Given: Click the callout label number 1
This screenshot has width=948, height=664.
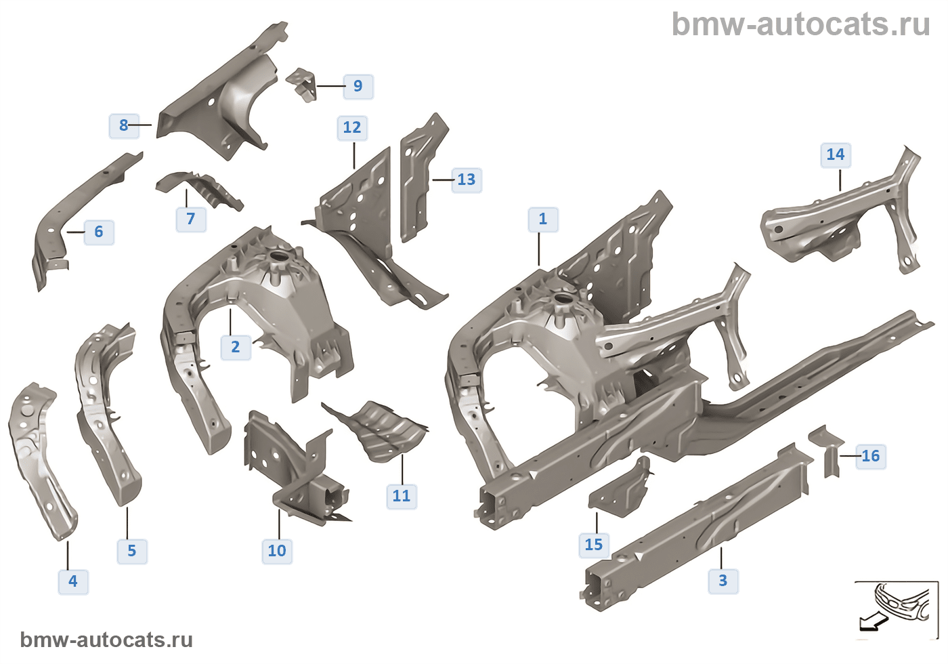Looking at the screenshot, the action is [x=543, y=220].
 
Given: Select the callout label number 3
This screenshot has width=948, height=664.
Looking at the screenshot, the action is [x=723, y=580].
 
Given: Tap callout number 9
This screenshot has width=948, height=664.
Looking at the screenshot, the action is [x=358, y=87].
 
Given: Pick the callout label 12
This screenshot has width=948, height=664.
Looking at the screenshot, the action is [x=352, y=127].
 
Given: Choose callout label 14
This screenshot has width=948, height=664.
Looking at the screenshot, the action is [x=836, y=154].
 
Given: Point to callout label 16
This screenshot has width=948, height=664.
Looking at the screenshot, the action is [x=871, y=456].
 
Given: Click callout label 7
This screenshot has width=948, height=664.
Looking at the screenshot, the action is [x=191, y=219].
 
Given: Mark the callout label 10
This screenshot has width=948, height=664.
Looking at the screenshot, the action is [x=277, y=551].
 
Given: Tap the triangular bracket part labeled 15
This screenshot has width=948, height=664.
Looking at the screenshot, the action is [x=621, y=489].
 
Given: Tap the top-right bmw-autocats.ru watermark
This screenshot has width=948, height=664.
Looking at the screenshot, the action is [x=800, y=24].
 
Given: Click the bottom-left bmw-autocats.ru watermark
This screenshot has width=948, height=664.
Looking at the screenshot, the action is [x=106, y=640].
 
